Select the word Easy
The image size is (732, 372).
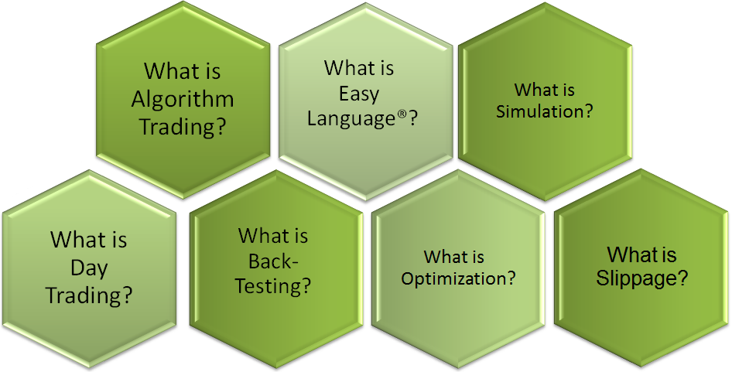(x=358, y=95)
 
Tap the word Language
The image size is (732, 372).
(x=353, y=118)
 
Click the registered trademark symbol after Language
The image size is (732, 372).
(x=403, y=114)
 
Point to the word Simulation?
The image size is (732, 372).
(x=544, y=112)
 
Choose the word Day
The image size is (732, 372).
(x=89, y=268)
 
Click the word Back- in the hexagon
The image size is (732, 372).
(x=273, y=261)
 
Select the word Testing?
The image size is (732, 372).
(x=273, y=285)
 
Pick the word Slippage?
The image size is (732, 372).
(x=642, y=278)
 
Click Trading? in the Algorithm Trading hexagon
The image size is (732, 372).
(x=183, y=127)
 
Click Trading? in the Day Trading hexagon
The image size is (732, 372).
(x=89, y=295)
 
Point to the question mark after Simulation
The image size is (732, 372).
(x=589, y=112)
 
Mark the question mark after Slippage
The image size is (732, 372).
(x=683, y=278)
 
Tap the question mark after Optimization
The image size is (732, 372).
(x=511, y=278)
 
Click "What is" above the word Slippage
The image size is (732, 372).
(x=642, y=255)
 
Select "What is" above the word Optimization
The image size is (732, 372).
(x=454, y=257)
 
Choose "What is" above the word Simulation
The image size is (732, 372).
(x=544, y=89)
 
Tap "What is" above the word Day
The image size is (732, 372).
(x=89, y=240)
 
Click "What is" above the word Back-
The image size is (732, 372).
(x=273, y=236)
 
